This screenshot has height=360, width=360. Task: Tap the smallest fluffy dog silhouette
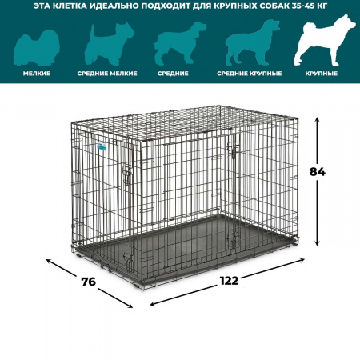tap(37, 48)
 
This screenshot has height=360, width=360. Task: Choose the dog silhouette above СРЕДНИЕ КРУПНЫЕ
tap(252, 42)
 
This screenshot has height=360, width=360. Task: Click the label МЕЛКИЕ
tap(37, 74)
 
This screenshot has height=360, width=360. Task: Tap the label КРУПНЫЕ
tap(322, 74)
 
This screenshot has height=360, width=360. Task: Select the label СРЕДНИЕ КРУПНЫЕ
tap(250, 74)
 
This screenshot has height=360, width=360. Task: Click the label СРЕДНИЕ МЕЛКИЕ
tap(107, 74)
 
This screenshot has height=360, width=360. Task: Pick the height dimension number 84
tap(318, 172)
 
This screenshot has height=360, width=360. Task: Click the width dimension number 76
tap(89, 282)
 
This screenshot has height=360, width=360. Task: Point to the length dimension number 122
tap(230, 281)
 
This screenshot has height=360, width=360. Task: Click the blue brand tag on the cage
tap(102, 146)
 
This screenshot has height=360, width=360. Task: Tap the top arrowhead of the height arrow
tap(317, 119)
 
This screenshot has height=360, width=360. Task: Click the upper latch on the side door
tap(233, 150)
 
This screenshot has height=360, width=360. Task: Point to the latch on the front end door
tap(127, 174)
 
